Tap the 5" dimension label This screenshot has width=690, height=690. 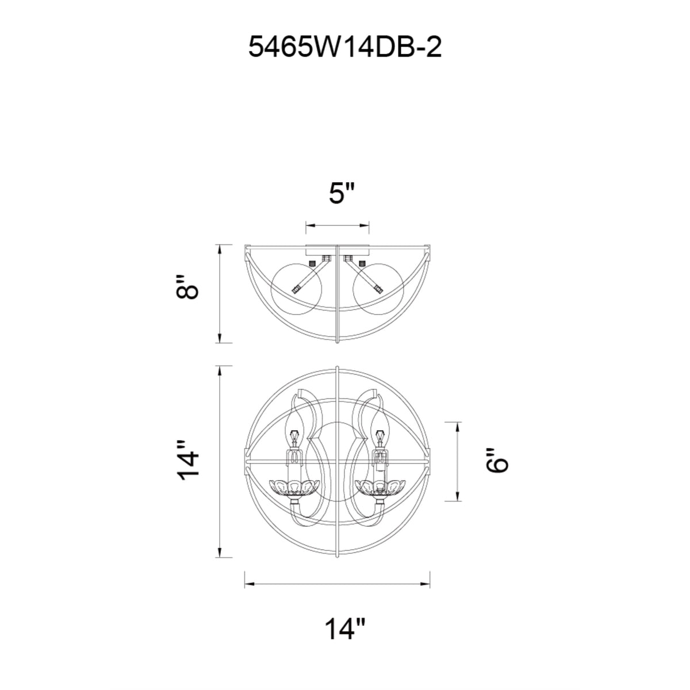click(341, 193)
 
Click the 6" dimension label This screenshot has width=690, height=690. click(497, 461)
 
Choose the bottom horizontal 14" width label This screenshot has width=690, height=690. click(345, 628)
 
